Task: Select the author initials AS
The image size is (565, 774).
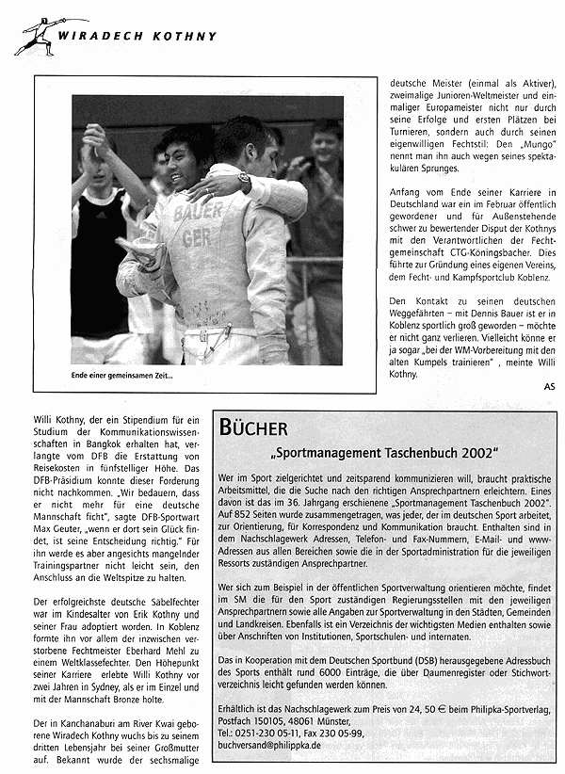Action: coord(550,385)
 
